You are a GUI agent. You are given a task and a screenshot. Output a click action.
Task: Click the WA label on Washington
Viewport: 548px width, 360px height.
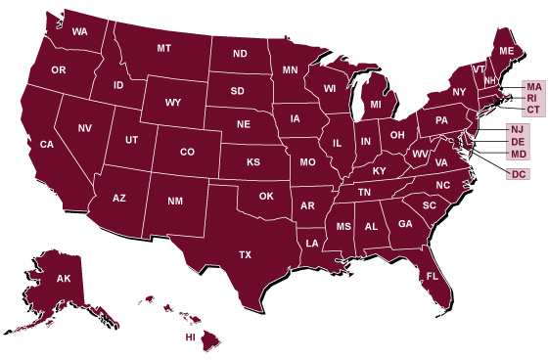point(79,31)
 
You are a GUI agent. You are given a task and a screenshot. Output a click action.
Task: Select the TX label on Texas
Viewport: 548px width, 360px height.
point(246,254)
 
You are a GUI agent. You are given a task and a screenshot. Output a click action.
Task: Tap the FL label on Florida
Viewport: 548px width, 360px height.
point(432,277)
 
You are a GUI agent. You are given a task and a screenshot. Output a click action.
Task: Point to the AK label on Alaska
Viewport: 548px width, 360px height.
point(64,280)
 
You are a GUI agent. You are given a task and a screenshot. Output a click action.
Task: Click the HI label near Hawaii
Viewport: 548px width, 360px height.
point(192,337)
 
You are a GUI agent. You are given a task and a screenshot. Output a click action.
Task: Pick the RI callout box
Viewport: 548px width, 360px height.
point(532,98)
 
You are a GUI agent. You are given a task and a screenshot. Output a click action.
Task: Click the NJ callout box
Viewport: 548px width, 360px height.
point(518,130)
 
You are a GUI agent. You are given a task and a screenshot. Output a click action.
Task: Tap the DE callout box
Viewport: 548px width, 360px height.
point(518,143)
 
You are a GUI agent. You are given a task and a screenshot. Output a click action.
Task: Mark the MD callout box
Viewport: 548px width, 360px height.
point(518,155)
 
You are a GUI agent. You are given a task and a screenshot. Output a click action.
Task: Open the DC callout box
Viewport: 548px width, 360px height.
point(518,174)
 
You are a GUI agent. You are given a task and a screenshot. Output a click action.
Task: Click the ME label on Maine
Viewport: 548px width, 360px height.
point(506,50)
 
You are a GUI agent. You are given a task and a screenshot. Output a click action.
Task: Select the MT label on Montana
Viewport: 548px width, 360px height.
point(163,48)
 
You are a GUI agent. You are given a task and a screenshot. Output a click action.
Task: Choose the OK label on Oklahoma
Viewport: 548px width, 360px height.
point(265,196)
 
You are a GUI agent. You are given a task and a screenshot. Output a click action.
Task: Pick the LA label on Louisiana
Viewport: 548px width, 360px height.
point(312,243)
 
